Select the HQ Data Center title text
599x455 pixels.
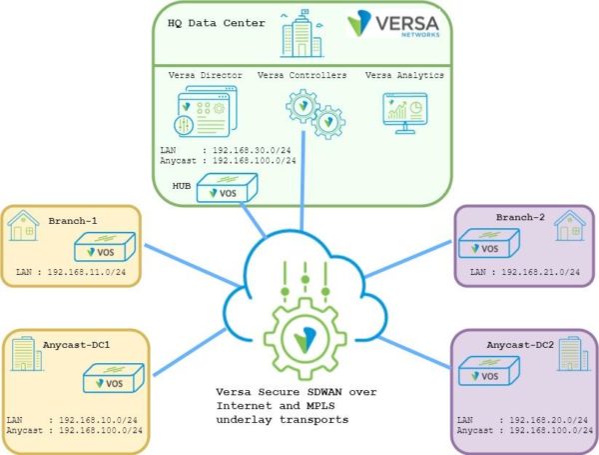pyautogui.click(x=217, y=22)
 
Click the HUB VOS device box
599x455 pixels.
pyautogui.click(x=227, y=187)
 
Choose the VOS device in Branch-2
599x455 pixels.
pyautogui.click(x=488, y=243)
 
